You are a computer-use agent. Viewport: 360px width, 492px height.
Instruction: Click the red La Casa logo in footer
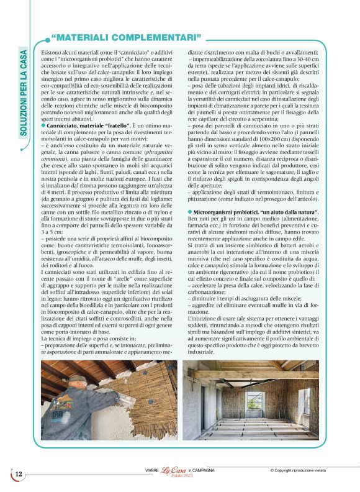pyautogui.click(x=173, y=471)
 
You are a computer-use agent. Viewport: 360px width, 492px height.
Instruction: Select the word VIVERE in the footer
pyautogui.click(x=152, y=471)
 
